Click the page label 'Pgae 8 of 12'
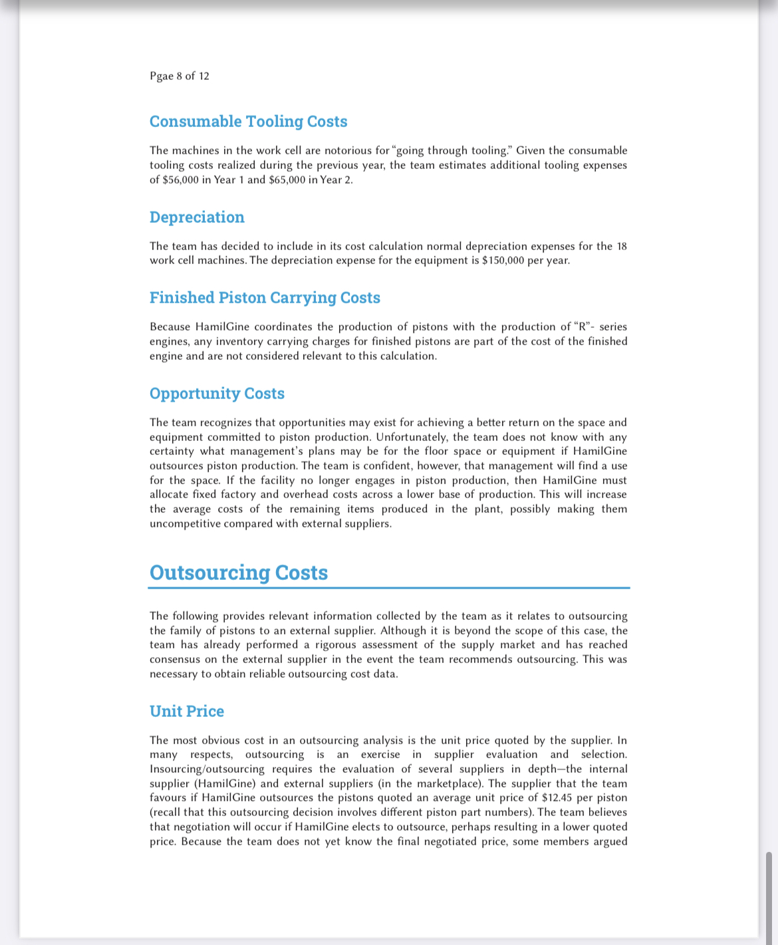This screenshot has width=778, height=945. (x=180, y=76)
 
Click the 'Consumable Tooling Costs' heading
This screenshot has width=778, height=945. (x=248, y=122)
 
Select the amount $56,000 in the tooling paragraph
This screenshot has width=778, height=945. (x=180, y=180)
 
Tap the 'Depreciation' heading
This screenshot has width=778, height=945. (x=197, y=217)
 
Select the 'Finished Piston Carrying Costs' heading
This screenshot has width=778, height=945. (x=265, y=298)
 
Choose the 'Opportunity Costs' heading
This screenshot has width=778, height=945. (x=217, y=394)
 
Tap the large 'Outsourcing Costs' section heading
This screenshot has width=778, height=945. (x=239, y=573)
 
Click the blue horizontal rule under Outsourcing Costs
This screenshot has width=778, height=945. (x=389, y=588)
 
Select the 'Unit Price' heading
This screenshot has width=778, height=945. (x=187, y=712)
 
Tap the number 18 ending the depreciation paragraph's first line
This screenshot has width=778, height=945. (x=621, y=246)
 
